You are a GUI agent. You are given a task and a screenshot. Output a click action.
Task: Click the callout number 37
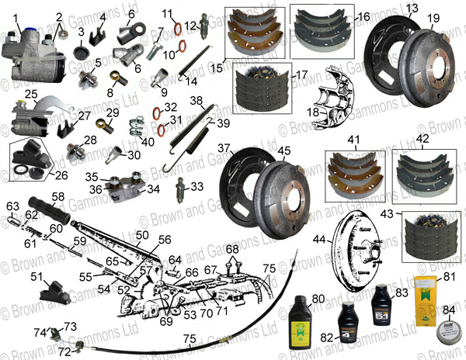[x=224, y=147]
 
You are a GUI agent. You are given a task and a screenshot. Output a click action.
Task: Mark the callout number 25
[x=31, y=95]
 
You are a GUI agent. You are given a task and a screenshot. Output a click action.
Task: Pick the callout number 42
[x=422, y=140]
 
